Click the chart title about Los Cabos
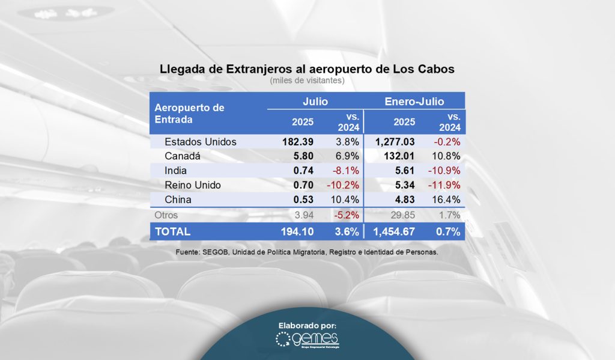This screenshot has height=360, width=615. pos(307,69)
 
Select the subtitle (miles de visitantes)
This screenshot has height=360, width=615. pos(307,80)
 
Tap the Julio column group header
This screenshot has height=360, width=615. pos(315,102)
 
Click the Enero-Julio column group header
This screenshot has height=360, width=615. pos(414,102)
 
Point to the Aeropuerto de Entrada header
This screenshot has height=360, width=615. pos(189,114)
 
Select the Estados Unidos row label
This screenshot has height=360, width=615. pos(200,142)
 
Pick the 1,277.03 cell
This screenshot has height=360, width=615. pos(395,142)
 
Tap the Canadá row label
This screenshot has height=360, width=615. pos(181,156)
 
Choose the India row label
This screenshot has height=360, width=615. pos(175,171)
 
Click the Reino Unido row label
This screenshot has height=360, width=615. pos(193,185)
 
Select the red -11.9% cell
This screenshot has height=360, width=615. pos(445,185)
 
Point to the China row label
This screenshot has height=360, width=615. pos(178,200)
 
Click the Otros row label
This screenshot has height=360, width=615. pos(166,215)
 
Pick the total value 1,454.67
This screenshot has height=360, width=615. pos(395,231)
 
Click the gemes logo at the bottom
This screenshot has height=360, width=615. pos(307,340)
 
